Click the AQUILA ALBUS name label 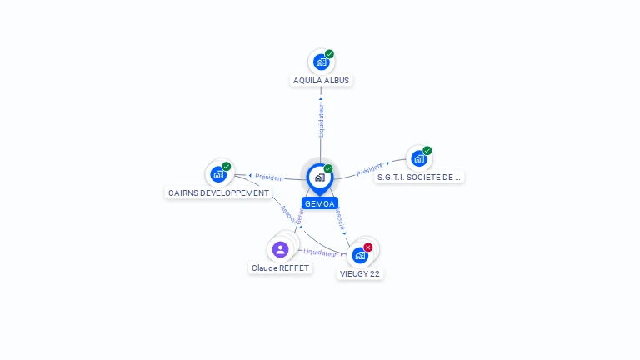tap(322, 81)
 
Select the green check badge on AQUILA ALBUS tap(329, 54)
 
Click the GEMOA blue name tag tap(320, 203)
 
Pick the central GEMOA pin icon tap(319, 177)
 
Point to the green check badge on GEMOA tap(328, 169)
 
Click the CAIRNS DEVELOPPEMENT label tap(219, 192)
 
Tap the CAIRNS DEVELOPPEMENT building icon tap(217, 174)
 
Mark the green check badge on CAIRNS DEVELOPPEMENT tap(227, 167)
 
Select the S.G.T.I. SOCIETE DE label tap(419, 177)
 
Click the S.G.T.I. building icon tap(418, 158)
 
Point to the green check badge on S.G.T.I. tap(427, 151)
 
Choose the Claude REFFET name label tap(280, 268)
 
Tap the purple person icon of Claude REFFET tap(280, 248)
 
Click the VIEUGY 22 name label tap(361, 273)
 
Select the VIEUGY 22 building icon tap(360, 255)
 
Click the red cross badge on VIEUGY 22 tap(368, 247)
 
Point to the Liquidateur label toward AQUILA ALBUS tap(321, 121)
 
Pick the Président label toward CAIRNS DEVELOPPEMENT tap(269, 177)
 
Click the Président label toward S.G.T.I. tap(368, 169)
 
